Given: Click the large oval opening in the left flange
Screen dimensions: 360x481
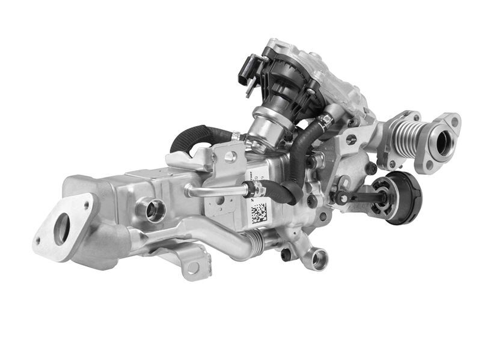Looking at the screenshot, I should pos(61,229).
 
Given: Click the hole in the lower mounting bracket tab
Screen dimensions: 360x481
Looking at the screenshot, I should pos(192,267).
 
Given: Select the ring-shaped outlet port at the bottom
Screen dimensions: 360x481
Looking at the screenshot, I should pos(319,259).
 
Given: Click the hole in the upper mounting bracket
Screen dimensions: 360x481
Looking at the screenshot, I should pos(229,157).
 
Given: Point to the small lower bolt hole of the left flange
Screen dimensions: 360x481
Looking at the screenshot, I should pos(38,242).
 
